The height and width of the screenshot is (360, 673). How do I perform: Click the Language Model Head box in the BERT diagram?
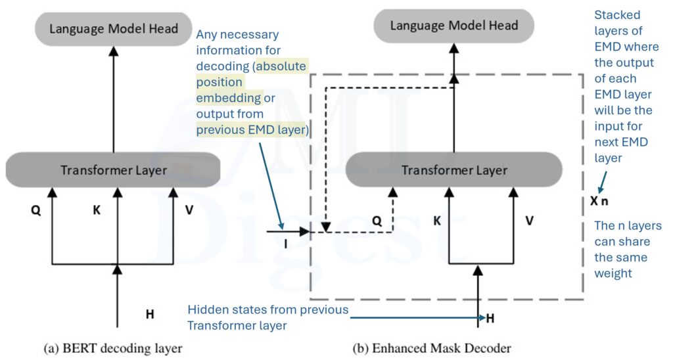tap(114, 29)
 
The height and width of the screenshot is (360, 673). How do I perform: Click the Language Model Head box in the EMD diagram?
tap(454, 26)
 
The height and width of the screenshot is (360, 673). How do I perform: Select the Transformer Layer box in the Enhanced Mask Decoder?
tap(454, 171)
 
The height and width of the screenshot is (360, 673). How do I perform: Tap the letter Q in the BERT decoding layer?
tap(35, 212)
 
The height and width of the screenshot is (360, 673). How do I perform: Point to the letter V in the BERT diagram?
tap(189, 212)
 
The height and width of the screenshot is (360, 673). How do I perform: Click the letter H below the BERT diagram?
tap(150, 314)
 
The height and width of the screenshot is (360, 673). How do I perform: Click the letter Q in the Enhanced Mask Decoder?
tap(377, 221)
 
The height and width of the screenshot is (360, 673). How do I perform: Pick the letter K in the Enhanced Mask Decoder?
tap(436, 221)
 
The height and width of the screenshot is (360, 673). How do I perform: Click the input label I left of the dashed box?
tap(286, 244)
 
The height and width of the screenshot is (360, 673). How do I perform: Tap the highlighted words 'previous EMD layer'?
tap(252, 129)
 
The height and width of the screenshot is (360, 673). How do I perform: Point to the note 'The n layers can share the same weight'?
tap(627, 250)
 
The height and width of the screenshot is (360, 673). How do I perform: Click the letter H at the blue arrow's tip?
tap(490, 319)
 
